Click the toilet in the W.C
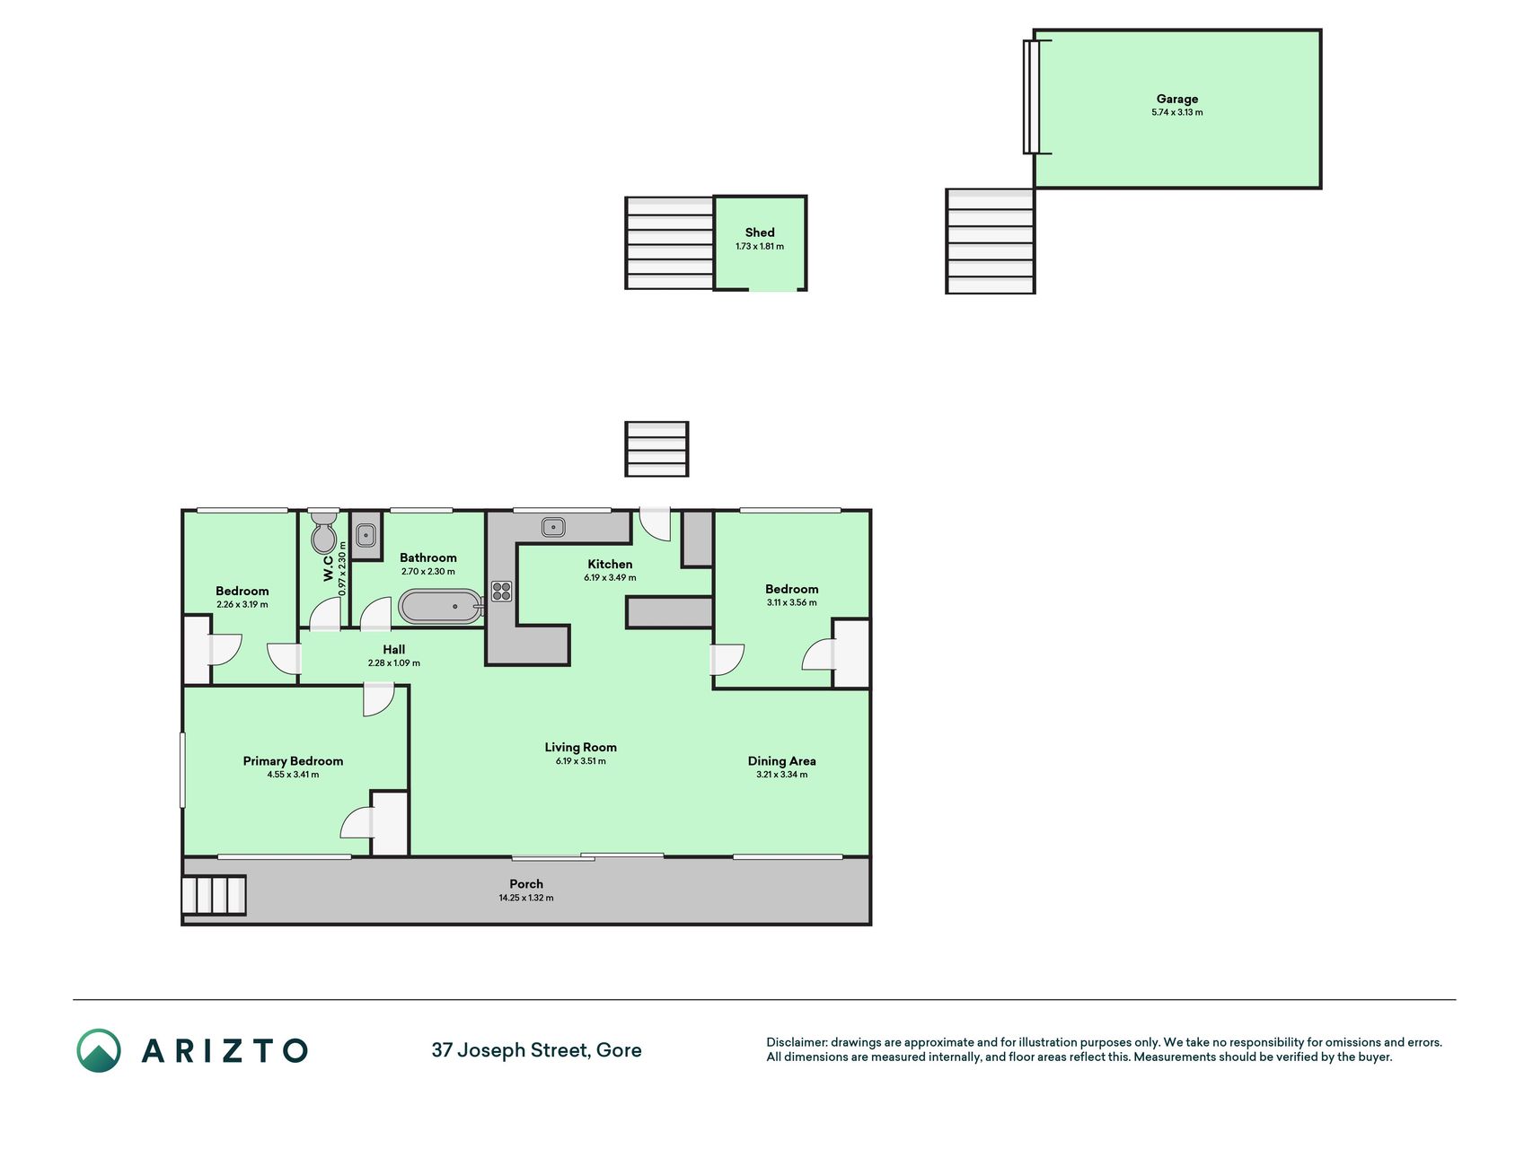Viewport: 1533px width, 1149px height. click(x=323, y=533)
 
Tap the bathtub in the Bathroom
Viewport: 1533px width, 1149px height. click(x=442, y=607)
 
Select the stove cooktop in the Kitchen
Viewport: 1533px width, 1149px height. click(x=502, y=592)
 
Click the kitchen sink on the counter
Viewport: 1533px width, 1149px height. click(x=553, y=527)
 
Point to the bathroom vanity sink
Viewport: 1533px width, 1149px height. click(x=366, y=536)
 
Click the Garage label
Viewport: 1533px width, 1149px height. click(x=1176, y=99)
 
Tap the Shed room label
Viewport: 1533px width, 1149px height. click(x=760, y=232)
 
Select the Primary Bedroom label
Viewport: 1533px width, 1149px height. click(x=293, y=761)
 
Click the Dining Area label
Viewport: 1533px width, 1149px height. click(x=781, y=761)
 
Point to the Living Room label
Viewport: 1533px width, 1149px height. click(x=580, y=747)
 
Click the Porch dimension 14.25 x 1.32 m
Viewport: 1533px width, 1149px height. click(x=526, y=898)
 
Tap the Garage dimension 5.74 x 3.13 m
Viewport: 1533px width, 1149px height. click(x=1176, y=112)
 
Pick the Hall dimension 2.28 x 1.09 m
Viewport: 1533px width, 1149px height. click(x=393, y=663)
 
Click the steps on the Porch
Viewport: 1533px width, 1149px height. click(x=214, y=895)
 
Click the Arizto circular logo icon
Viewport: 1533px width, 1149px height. click(x=99, y=1050)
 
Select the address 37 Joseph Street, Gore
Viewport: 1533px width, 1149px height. click(x=536, y=1050)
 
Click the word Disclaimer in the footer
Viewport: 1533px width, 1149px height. click(x=796, y=1042)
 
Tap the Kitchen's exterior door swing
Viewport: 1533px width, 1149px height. click(x=655, y=524)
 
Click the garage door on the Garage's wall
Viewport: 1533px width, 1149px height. click(x=1031, y=97)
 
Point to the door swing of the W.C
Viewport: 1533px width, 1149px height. click(x=325, y=614)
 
